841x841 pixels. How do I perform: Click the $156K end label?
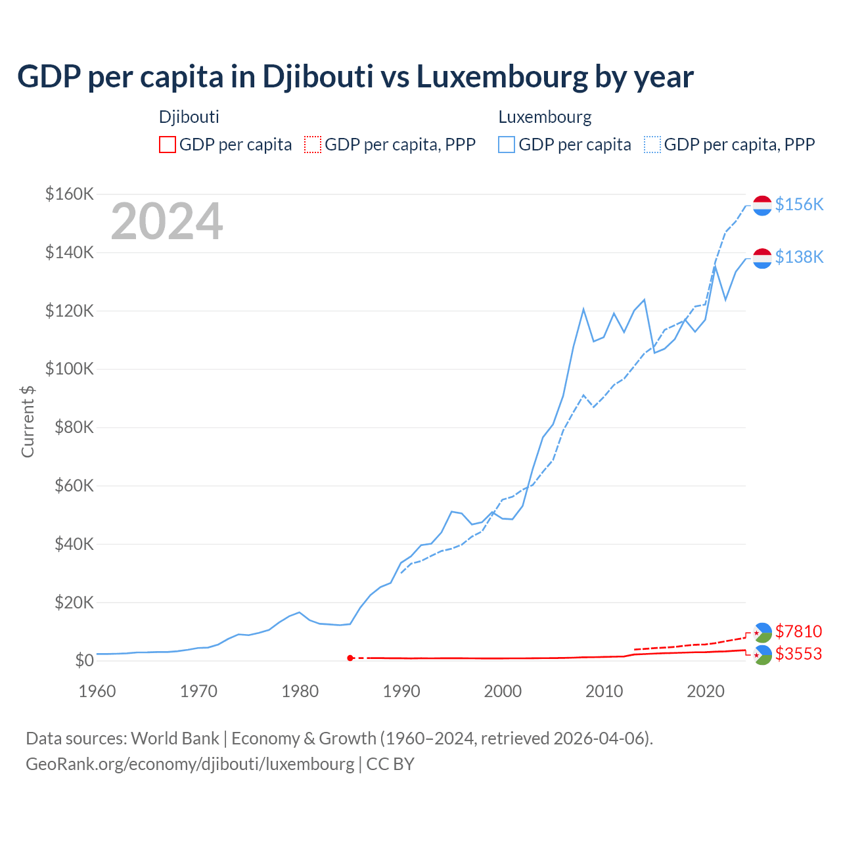(799, 204)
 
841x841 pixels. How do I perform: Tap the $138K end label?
(799, 257)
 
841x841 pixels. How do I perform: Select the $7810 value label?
(798, 631)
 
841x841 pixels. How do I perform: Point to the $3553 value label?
(798, 654)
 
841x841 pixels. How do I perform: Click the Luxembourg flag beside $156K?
(762, 205)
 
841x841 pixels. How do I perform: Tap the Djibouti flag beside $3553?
(762, 654)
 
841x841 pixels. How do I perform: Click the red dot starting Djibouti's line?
(350, 658)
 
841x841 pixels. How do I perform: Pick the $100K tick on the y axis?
(70, 369)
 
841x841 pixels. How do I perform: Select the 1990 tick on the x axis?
(401, 691)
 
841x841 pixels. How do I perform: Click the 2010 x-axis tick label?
(604, 691)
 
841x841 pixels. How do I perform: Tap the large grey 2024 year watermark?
(167, 221)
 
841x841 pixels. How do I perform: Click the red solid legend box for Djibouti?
(168, 145)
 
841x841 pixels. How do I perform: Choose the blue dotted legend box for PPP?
(652, 145)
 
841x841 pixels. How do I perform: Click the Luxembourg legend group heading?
(545, 117)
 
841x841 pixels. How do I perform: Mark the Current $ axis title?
(28, 421)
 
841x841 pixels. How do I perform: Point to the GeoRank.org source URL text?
(190, 763)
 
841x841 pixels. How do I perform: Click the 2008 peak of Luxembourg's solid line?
(583, 309)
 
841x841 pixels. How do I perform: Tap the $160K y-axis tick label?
(70, 194)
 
